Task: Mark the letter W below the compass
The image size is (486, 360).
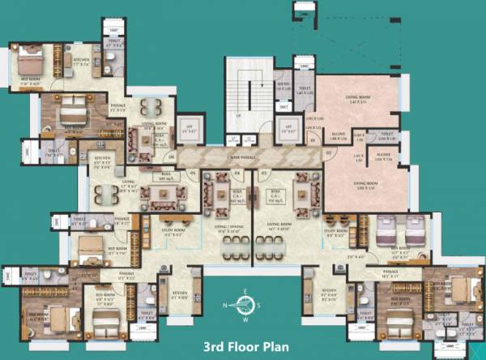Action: tap(241, 319)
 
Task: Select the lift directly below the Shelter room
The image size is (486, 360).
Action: tap(284, 127)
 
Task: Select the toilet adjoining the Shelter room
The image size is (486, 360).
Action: tap(304, 94)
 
